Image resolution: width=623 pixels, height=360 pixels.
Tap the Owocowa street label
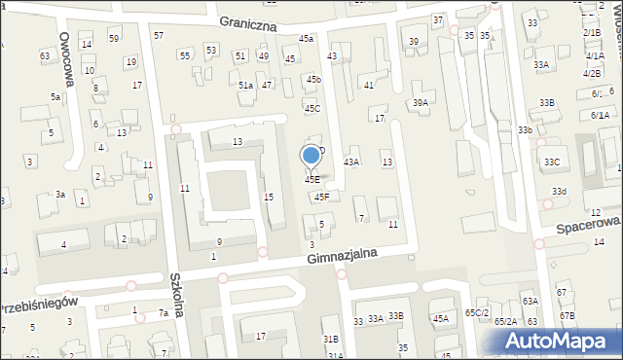click(x=69, y=48)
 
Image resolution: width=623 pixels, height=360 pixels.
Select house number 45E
click(x=311, y=179)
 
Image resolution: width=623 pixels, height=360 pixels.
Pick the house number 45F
click(x=321, y=197)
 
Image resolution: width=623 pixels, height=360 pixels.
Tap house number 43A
click(x=351, y=162)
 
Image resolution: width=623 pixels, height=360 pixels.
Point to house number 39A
click(x=420, y=102)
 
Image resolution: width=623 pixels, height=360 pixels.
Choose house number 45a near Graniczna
click(x=307, y=39)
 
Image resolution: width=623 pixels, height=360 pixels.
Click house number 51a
click(x=246, y=86)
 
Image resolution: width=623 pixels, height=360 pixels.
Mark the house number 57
click(x=159, y=35)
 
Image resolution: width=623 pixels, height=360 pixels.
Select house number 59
click(x=114, y=38)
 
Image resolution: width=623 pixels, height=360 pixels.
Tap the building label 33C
click(x=552, y=162)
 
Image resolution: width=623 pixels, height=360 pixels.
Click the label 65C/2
click(x=476, y=312)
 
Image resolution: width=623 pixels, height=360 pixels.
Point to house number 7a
click(x=164, y=313)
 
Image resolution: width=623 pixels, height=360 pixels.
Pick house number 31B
click(x=331, y=339)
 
